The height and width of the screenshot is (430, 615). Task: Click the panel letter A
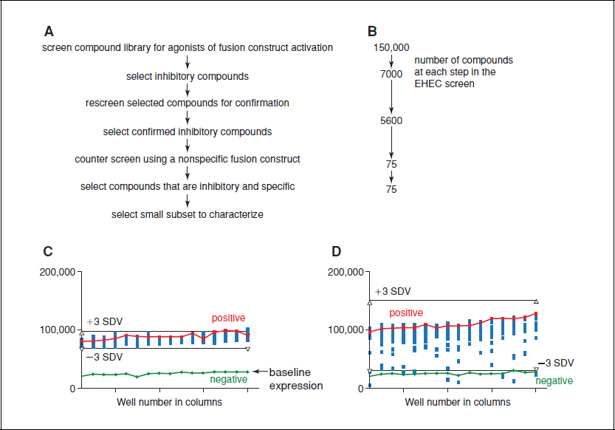[x=49, y=32]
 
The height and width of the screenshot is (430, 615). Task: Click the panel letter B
[x=372, y=32]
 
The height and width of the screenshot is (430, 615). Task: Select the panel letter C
[x=49, y=252]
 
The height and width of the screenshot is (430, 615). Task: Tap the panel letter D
[x=337, y=252]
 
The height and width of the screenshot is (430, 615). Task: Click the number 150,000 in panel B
[x=391, y=48]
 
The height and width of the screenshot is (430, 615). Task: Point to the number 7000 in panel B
[x=391, y=74]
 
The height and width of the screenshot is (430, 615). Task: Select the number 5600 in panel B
[x=391, y=120]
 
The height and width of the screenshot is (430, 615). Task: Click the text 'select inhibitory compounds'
[x=188, y=75]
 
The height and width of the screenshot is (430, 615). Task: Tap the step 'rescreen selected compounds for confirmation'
[x=188, y=103]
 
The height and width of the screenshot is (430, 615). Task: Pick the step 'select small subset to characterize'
[x=188, y=214]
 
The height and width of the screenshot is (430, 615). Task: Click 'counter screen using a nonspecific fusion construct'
[x=188, y=159]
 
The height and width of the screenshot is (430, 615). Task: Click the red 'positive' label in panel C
[x=228, y=318]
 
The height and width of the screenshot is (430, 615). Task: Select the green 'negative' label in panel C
[x=228, y=379]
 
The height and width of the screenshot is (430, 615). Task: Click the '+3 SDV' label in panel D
[x=392, y=292]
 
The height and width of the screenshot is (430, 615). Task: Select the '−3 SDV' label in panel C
[x=103, y=357]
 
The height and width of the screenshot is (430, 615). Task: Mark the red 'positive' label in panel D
[x=405, y=313]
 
